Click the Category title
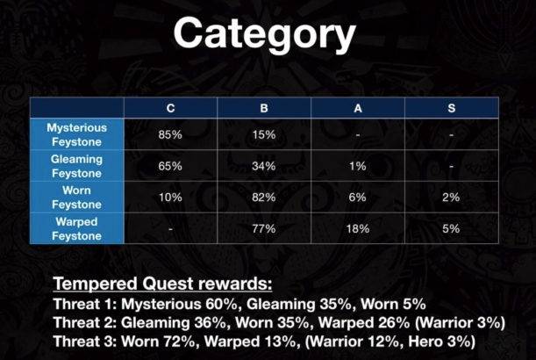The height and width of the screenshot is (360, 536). [x=264, y=35]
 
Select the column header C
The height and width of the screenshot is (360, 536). [x=169, y=108]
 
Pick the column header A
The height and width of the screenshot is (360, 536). [x=357, y=108]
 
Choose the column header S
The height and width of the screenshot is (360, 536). [x=451, y=108]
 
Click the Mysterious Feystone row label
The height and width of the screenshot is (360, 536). [x=76, y=134]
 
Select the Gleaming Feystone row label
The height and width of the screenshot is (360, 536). [x=76, y=166]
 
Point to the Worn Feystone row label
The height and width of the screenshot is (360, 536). [x=76, y=197]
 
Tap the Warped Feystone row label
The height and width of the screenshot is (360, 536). [x=76, y=228]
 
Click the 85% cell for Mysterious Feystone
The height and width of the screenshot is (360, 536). [x=169, y=134]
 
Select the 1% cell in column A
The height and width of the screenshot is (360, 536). [x=357, y=166]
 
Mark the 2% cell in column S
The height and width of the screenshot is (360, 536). [x=451, y=198]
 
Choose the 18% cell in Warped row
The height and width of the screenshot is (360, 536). [x=357, y=229]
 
